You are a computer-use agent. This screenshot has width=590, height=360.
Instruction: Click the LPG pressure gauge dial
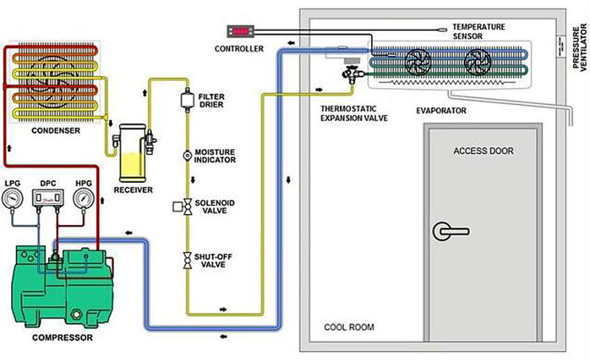coord(13,199)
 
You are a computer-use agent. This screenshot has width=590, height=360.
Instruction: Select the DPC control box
coord(47,198)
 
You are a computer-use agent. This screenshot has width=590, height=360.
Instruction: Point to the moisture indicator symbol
coord(186,156)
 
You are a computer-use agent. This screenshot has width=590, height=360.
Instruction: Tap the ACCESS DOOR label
coord(483,152)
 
